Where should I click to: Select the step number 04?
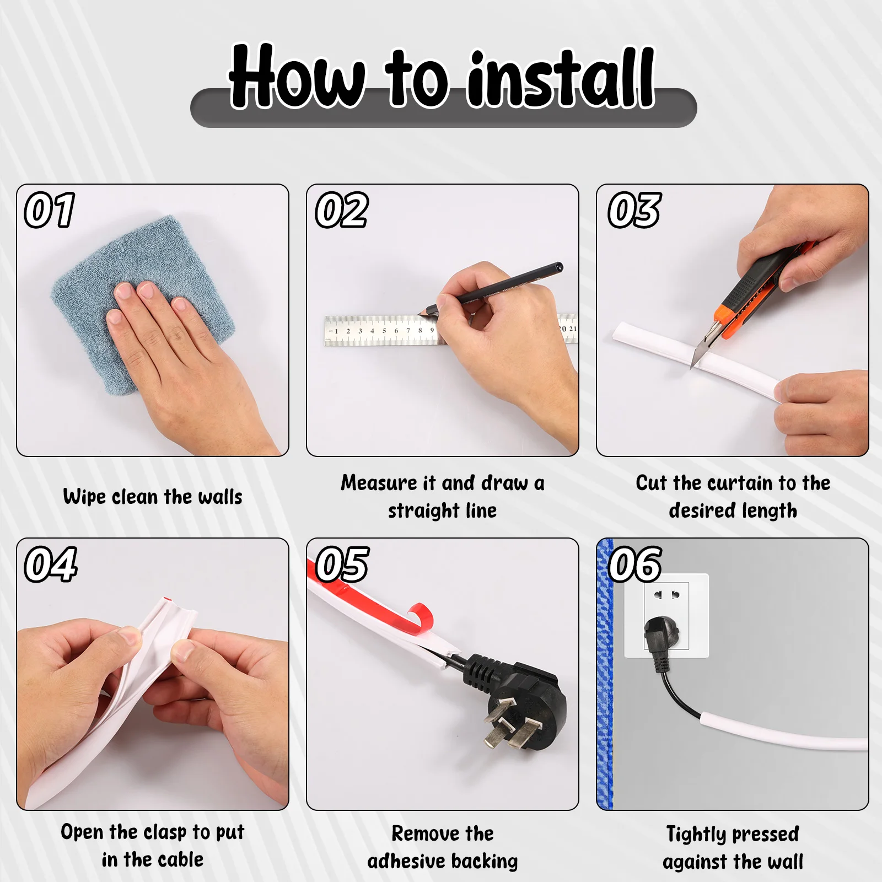click(50, 564)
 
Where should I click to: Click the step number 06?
click(634, 564)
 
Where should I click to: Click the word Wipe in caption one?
click(84, 497)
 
